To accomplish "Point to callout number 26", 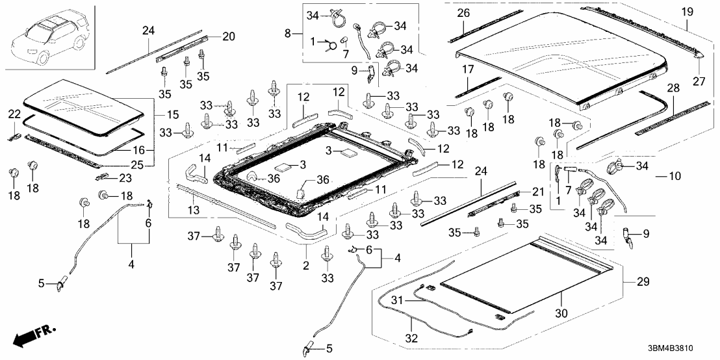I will point(463,13).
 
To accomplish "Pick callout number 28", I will point(673,87).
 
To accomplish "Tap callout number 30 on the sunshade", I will point(561,313).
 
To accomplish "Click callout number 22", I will point(14,114).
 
